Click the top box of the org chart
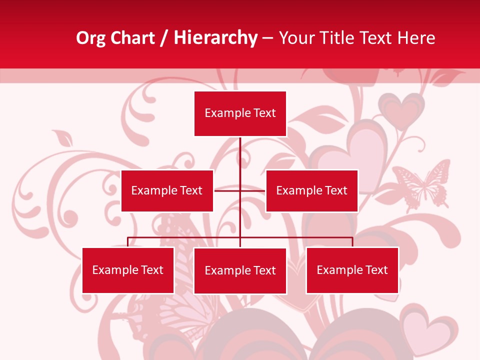240,113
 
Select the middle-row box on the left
167,190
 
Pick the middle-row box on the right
311,190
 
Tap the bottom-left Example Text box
128,270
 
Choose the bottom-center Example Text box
240,270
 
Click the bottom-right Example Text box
352,270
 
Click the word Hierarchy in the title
215,38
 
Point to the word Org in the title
90,38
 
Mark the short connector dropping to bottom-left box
128,242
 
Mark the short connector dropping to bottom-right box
352,242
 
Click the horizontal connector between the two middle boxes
240,190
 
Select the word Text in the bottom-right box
376,270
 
